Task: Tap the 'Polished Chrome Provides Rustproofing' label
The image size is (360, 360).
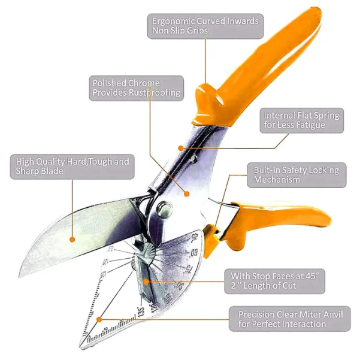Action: point(136,87)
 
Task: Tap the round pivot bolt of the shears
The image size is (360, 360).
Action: point(164,210)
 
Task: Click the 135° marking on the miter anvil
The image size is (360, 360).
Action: point(140,310)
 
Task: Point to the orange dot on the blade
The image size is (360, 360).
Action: point(72,239)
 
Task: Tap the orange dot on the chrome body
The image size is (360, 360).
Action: point(186,193)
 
